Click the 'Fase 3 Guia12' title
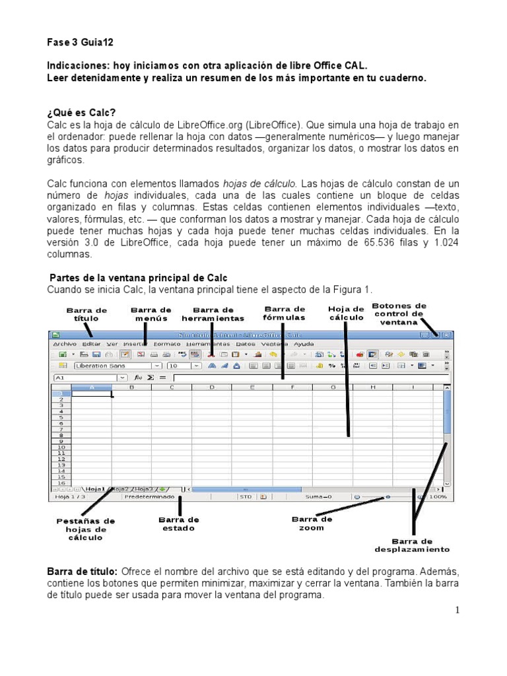point(81,42)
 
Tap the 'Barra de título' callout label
point(86,314)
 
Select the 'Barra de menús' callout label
point(151,314)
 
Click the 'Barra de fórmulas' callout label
point(285,313)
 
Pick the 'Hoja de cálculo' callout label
point(346,313)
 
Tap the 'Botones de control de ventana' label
point(399,314)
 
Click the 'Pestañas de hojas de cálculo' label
point(86,529)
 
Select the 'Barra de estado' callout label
point(179,524)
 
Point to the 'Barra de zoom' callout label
point(312,524)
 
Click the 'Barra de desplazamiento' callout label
point(412,545)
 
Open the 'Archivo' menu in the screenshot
point(65,344)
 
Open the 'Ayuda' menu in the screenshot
point(304,344)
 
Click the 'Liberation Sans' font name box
point(112,365)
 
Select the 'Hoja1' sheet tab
point(95,489)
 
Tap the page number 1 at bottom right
point(456,610)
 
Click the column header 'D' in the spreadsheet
point(212,388)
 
